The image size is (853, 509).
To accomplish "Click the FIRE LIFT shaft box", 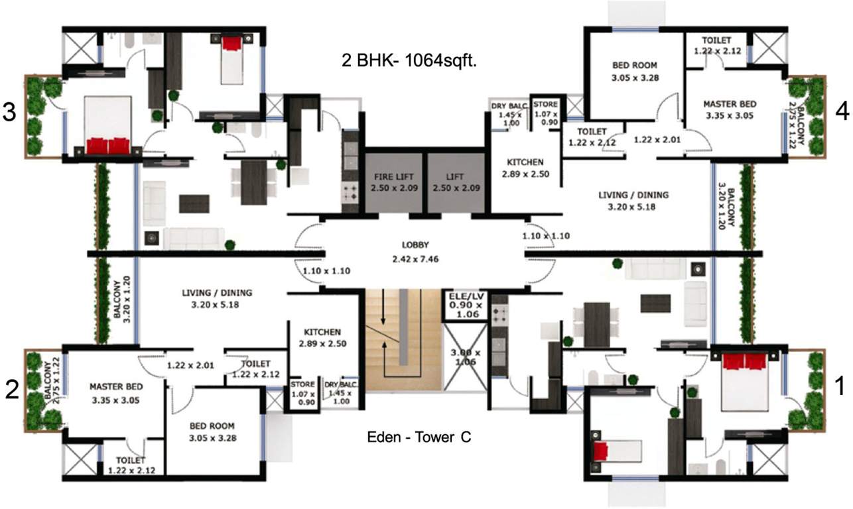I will coord(393,182).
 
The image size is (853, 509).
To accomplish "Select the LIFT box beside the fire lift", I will coord(456,182).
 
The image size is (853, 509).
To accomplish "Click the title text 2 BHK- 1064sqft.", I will coord(409,62).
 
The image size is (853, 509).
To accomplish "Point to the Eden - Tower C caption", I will coord(419,437).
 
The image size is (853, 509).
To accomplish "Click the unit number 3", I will coord(9,113).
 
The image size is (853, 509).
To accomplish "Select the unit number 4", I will coord(842,113).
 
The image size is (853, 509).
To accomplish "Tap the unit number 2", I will coord(11,391).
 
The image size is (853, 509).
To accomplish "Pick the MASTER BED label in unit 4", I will coord(730,104).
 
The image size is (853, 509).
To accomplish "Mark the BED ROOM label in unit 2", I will coord(212,426).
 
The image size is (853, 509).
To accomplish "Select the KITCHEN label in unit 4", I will coord(525,162).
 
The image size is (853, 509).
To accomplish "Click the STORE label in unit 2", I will coord(302,384).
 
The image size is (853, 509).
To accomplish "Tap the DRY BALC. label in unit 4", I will coord(509,106).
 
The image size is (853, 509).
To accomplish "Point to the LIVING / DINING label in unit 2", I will coord(217,292).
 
